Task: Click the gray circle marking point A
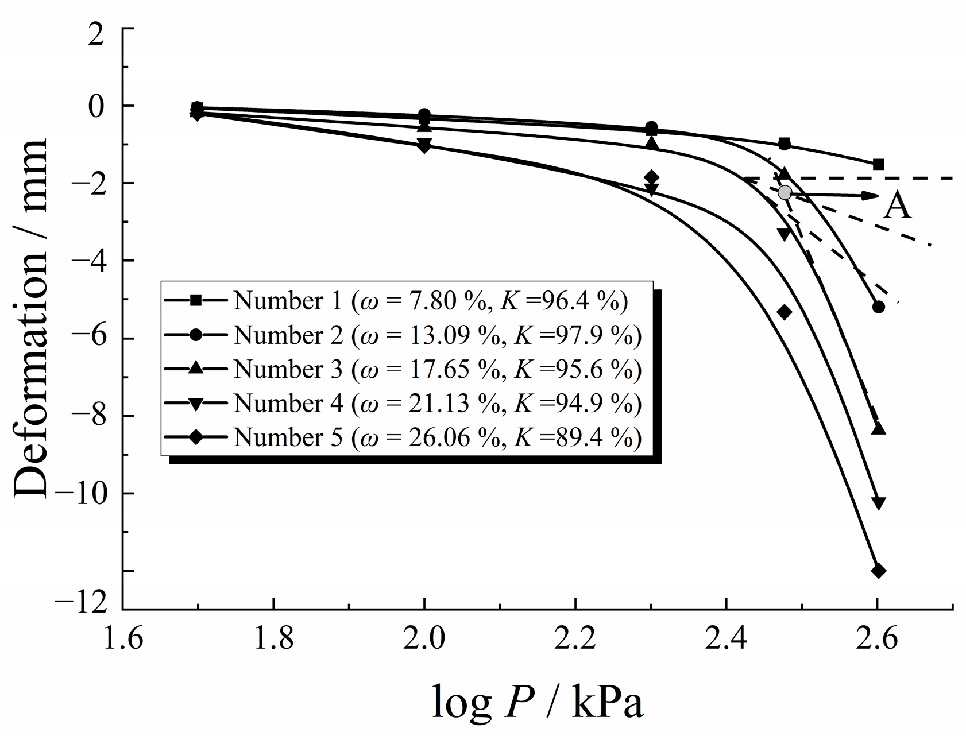pyautogui.click(x=785, y=192)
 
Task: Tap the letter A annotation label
pyautogui.click(x=897, y=206)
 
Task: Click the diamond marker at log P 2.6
pyautogui.click(x=878, y=571)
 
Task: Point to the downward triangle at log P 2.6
pyautogui.click(x=878, y=503)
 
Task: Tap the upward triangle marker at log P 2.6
pyautogui.click(x=878, y=428)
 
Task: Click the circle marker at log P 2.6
pyautogui.click(x=878, y=307)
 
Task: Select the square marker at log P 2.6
pyautogui.click(x=878, y=165)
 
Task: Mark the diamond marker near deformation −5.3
pyautogui.click(x=784, y=312)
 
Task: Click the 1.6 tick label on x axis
pyautogui.click(x=123, y=638)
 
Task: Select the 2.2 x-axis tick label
pyautogui.click(x=575, y=638)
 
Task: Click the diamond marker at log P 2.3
pyautogui.click(x=651, y=177)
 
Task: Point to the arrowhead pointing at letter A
pyautogui.click(x=872, y=196)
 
